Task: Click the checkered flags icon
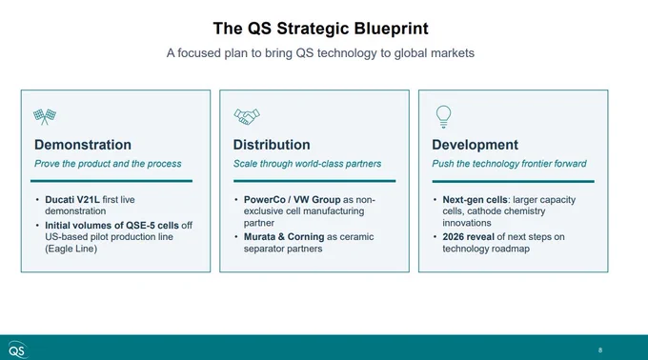click(45, 116)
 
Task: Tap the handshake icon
click(247, 116)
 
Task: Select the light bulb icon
click(443, 117)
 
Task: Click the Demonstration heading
click(83, 145)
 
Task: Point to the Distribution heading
click(272, 145)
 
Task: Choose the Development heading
click(475, 145)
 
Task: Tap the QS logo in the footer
click(17, 350)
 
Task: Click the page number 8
click(600, 350)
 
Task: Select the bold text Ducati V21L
click(72, 200)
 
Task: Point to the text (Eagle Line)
click(71, 249)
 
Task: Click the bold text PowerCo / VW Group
click(293, 200)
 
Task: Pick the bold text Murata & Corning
click(284, 237)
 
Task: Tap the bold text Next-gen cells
click(475, 200)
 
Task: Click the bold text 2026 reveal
click(468, 237)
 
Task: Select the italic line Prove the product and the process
click(108, 164)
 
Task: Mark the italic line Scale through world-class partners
click(307, 164)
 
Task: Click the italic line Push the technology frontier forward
click(509, 164)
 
